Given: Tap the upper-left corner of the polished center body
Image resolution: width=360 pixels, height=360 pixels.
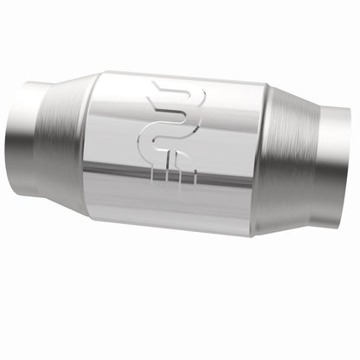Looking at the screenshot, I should [x=100, y=73].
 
